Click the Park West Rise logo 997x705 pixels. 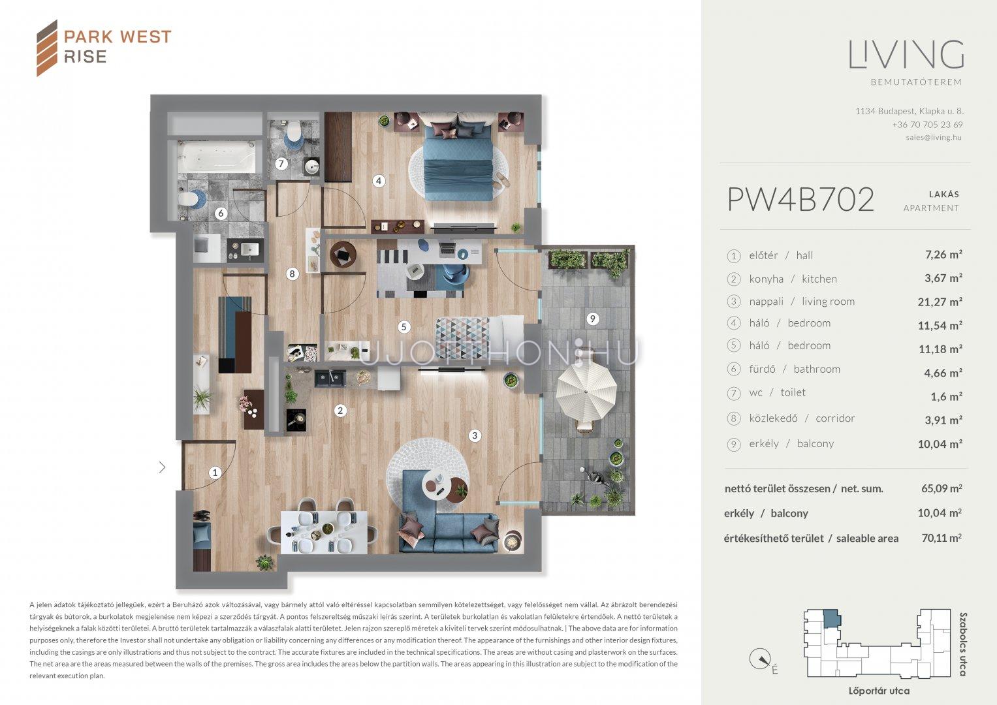click(x=104, y=48)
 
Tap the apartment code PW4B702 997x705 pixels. click(x=800, y=200)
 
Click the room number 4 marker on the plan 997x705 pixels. click(x=379, y=181)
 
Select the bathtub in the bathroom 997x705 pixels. click(x=217, y=157)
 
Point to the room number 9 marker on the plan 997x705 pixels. click(x=592, y=319)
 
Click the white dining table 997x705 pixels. click(x=324, y=532)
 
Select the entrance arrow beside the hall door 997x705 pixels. click(x=163, y=467)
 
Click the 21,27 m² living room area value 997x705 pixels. click(x=940, y=302)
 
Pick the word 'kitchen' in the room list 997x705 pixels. click(x=819, y=279)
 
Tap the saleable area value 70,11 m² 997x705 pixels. click(x=942, y=538)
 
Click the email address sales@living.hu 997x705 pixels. click(x=934, y=137)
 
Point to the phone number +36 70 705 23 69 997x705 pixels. click(x=928, y=125)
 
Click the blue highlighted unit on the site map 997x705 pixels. click(x=832, y=619)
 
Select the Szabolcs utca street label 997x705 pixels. click(x=963, y=644)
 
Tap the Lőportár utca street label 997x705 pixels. click(x=879, y=691)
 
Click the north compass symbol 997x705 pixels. click(x=760, y=659)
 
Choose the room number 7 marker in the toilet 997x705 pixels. click(x=281, y=164)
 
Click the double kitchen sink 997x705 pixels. click(x=330, y=379)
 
